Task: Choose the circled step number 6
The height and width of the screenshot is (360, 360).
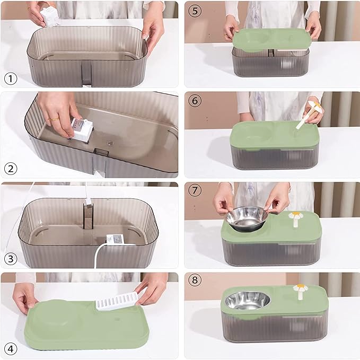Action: [x=195, y=100]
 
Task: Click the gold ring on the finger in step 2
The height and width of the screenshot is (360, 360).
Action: [x=54, y=119]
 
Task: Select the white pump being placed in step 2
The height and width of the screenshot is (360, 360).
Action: [x=82, y=129]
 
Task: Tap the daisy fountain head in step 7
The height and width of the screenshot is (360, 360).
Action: [x=294, y=217]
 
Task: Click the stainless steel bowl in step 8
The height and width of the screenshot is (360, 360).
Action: [x=248, y=300]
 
